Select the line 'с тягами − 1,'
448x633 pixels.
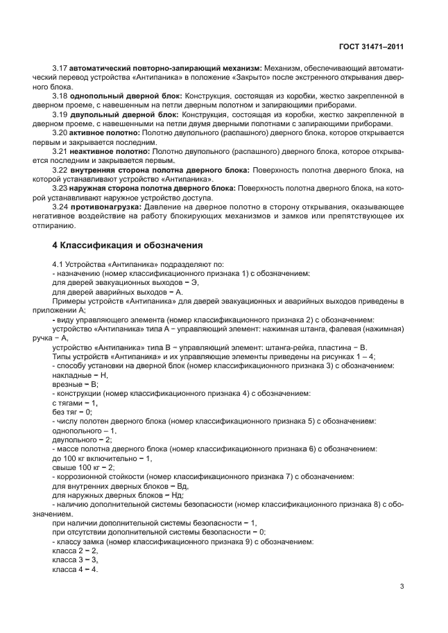75,402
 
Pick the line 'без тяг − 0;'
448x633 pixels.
71,411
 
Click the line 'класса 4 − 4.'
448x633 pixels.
75,569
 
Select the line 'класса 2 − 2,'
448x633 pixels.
75,550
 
